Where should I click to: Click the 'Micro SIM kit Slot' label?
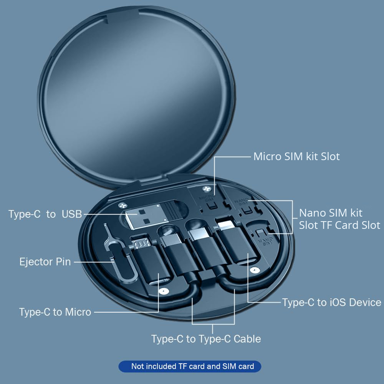[296, 157]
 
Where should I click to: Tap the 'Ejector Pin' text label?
[45, 262]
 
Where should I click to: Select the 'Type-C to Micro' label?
[55, 312]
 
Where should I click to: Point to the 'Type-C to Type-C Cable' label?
[206, 339]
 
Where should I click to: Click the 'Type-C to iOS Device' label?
[332, 302]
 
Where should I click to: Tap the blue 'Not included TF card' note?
[192, 366]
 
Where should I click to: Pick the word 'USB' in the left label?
[72, 214]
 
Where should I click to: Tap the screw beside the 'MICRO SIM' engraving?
[208, 190]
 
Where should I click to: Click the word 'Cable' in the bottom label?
[247, 339]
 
